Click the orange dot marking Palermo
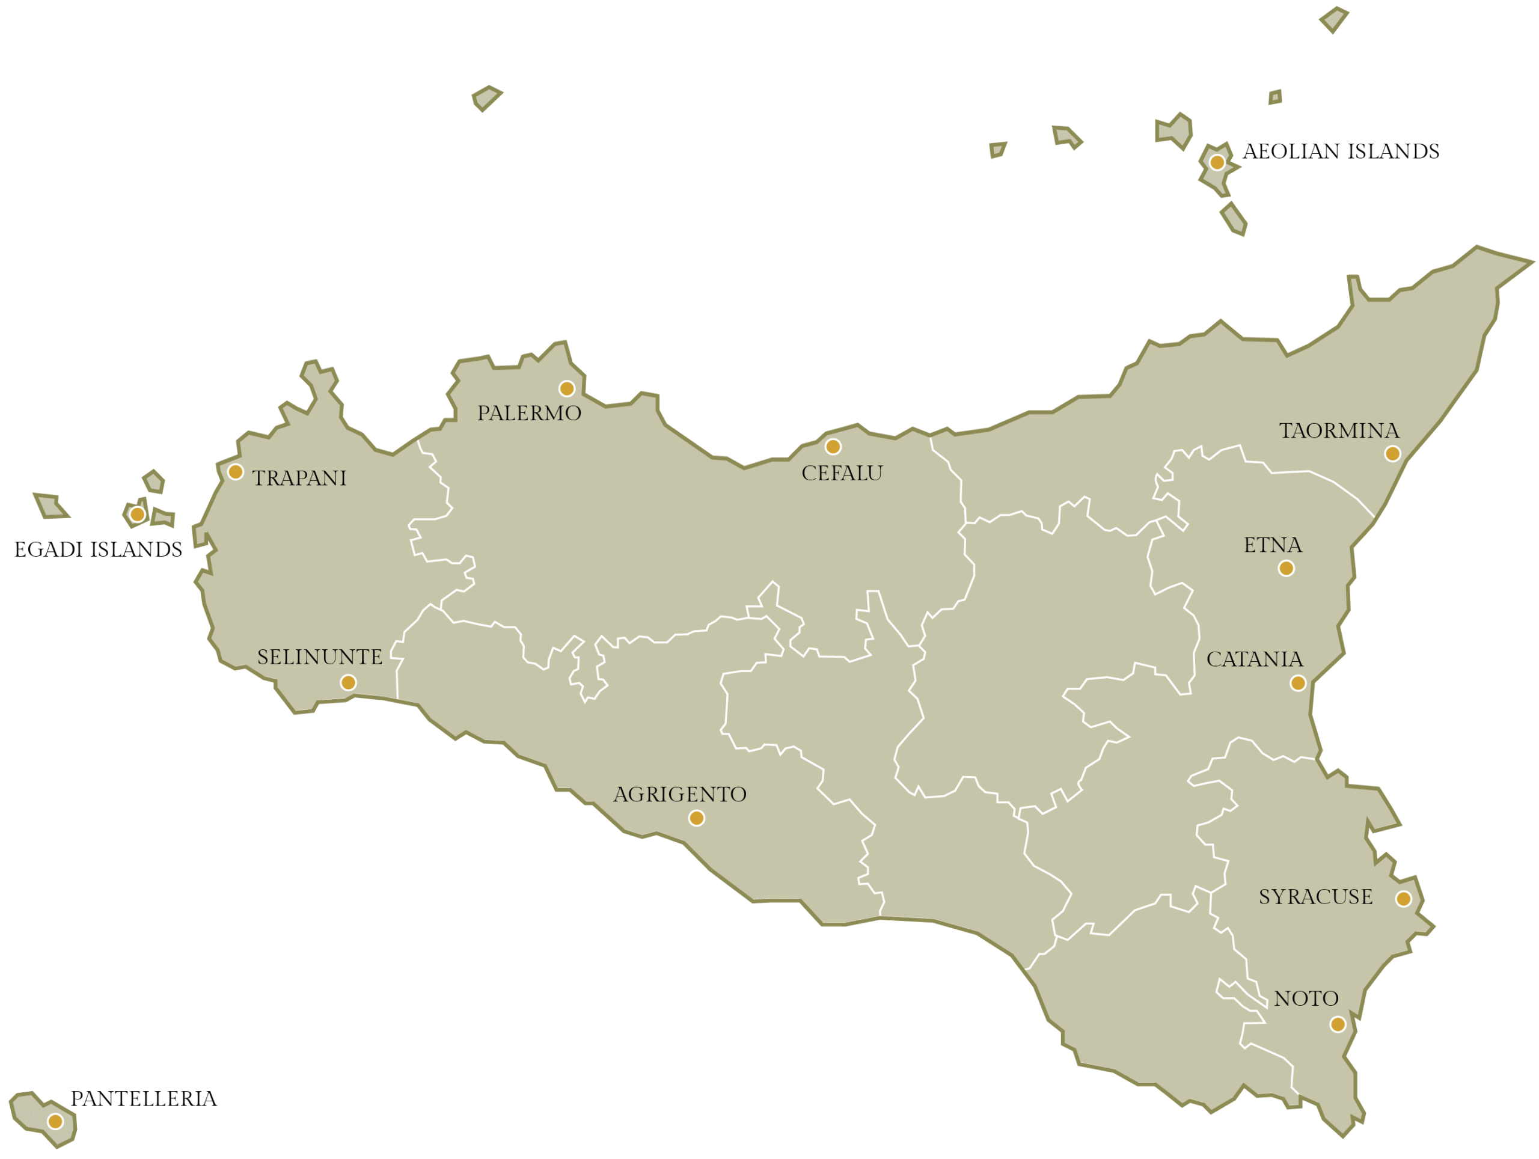(x=567, y=388)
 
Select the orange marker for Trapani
(x=236, y=472)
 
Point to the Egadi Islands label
(x=98, y=549)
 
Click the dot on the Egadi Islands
(x=138, y=514)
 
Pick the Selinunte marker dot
(x=349, y=682)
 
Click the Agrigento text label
(x=679, y=795)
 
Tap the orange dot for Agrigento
(x=696, y=818)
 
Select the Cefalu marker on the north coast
(x=833, y=447)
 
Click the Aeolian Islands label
(x=1341, y=151)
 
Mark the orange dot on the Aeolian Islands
(x=1217, y=163)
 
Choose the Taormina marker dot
(x=1392, y=454)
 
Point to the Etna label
(x=1273, y=545)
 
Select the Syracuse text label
(x=1315, y=897)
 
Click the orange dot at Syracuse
(x=1403, y=899)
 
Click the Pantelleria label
(x=143, y=1098)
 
